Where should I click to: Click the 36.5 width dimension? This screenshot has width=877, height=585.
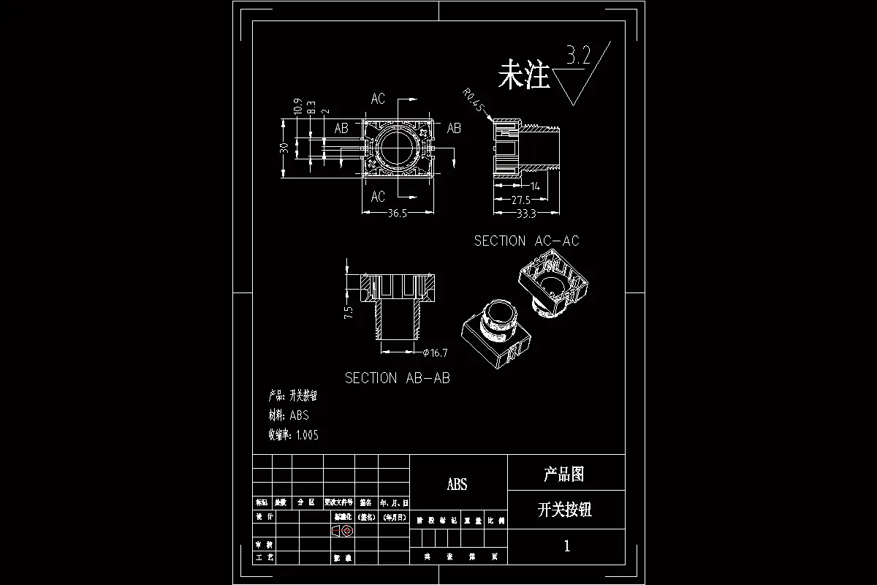point(397,213)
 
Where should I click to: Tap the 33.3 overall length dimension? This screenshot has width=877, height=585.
point(525,214)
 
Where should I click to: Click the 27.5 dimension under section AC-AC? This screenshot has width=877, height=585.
point(520,200)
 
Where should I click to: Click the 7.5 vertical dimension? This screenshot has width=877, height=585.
point(349,313)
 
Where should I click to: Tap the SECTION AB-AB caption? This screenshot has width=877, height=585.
point(397,378)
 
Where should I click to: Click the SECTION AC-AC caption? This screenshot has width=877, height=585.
point(526,241)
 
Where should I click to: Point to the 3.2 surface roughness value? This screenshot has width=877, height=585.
point(577,56)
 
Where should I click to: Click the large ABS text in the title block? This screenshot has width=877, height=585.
point(457,484)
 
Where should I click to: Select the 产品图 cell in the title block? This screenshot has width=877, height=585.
point(564,475)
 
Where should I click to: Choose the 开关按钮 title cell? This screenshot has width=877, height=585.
point(564,510)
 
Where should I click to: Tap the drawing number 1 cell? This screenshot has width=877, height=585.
point(566,546)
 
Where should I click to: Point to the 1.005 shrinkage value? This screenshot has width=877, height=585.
point(307,435)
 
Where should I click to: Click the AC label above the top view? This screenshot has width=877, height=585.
point(378,99)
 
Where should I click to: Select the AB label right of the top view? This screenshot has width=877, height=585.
point(454,128)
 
